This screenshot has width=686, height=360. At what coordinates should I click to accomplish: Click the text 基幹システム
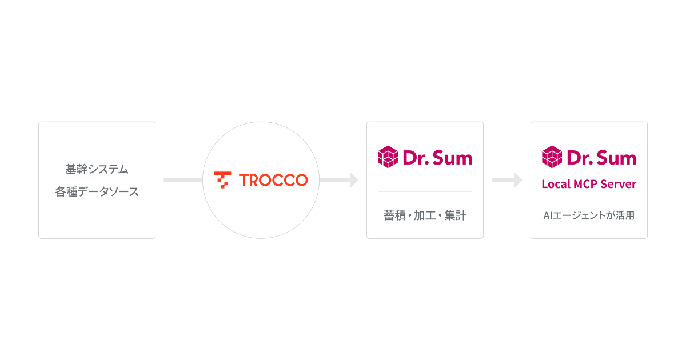[97, 169]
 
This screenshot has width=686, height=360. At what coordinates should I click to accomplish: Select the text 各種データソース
[97, 191]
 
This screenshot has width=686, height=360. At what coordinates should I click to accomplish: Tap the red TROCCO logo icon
[222, 179]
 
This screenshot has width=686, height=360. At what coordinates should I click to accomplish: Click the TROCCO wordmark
[273, 180]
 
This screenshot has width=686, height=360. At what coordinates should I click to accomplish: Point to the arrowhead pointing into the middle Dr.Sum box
[354, 180]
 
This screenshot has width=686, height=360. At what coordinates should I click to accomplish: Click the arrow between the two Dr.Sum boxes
[507, 180]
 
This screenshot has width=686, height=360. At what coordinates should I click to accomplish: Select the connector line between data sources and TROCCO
[183, 180]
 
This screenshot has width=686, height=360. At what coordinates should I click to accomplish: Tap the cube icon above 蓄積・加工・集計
[388, 157]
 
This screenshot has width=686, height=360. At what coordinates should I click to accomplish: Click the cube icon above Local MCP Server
[552, 157]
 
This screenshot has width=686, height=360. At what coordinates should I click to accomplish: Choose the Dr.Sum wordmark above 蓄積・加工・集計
[438, 158]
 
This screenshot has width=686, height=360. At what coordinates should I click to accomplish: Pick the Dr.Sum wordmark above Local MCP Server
[601, 158]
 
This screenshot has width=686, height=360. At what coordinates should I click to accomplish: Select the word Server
[619, 184]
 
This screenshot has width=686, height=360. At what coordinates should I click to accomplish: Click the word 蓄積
[394, 215]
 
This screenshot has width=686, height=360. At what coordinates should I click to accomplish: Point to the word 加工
[425, 215]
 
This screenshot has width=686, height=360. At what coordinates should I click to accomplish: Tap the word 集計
[456, 215]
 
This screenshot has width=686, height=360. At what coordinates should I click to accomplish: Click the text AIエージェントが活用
[589, 215]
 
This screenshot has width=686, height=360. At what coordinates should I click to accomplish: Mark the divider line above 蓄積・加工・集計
[425, 191]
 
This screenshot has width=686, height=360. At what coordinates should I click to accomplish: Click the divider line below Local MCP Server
[589, 199]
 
